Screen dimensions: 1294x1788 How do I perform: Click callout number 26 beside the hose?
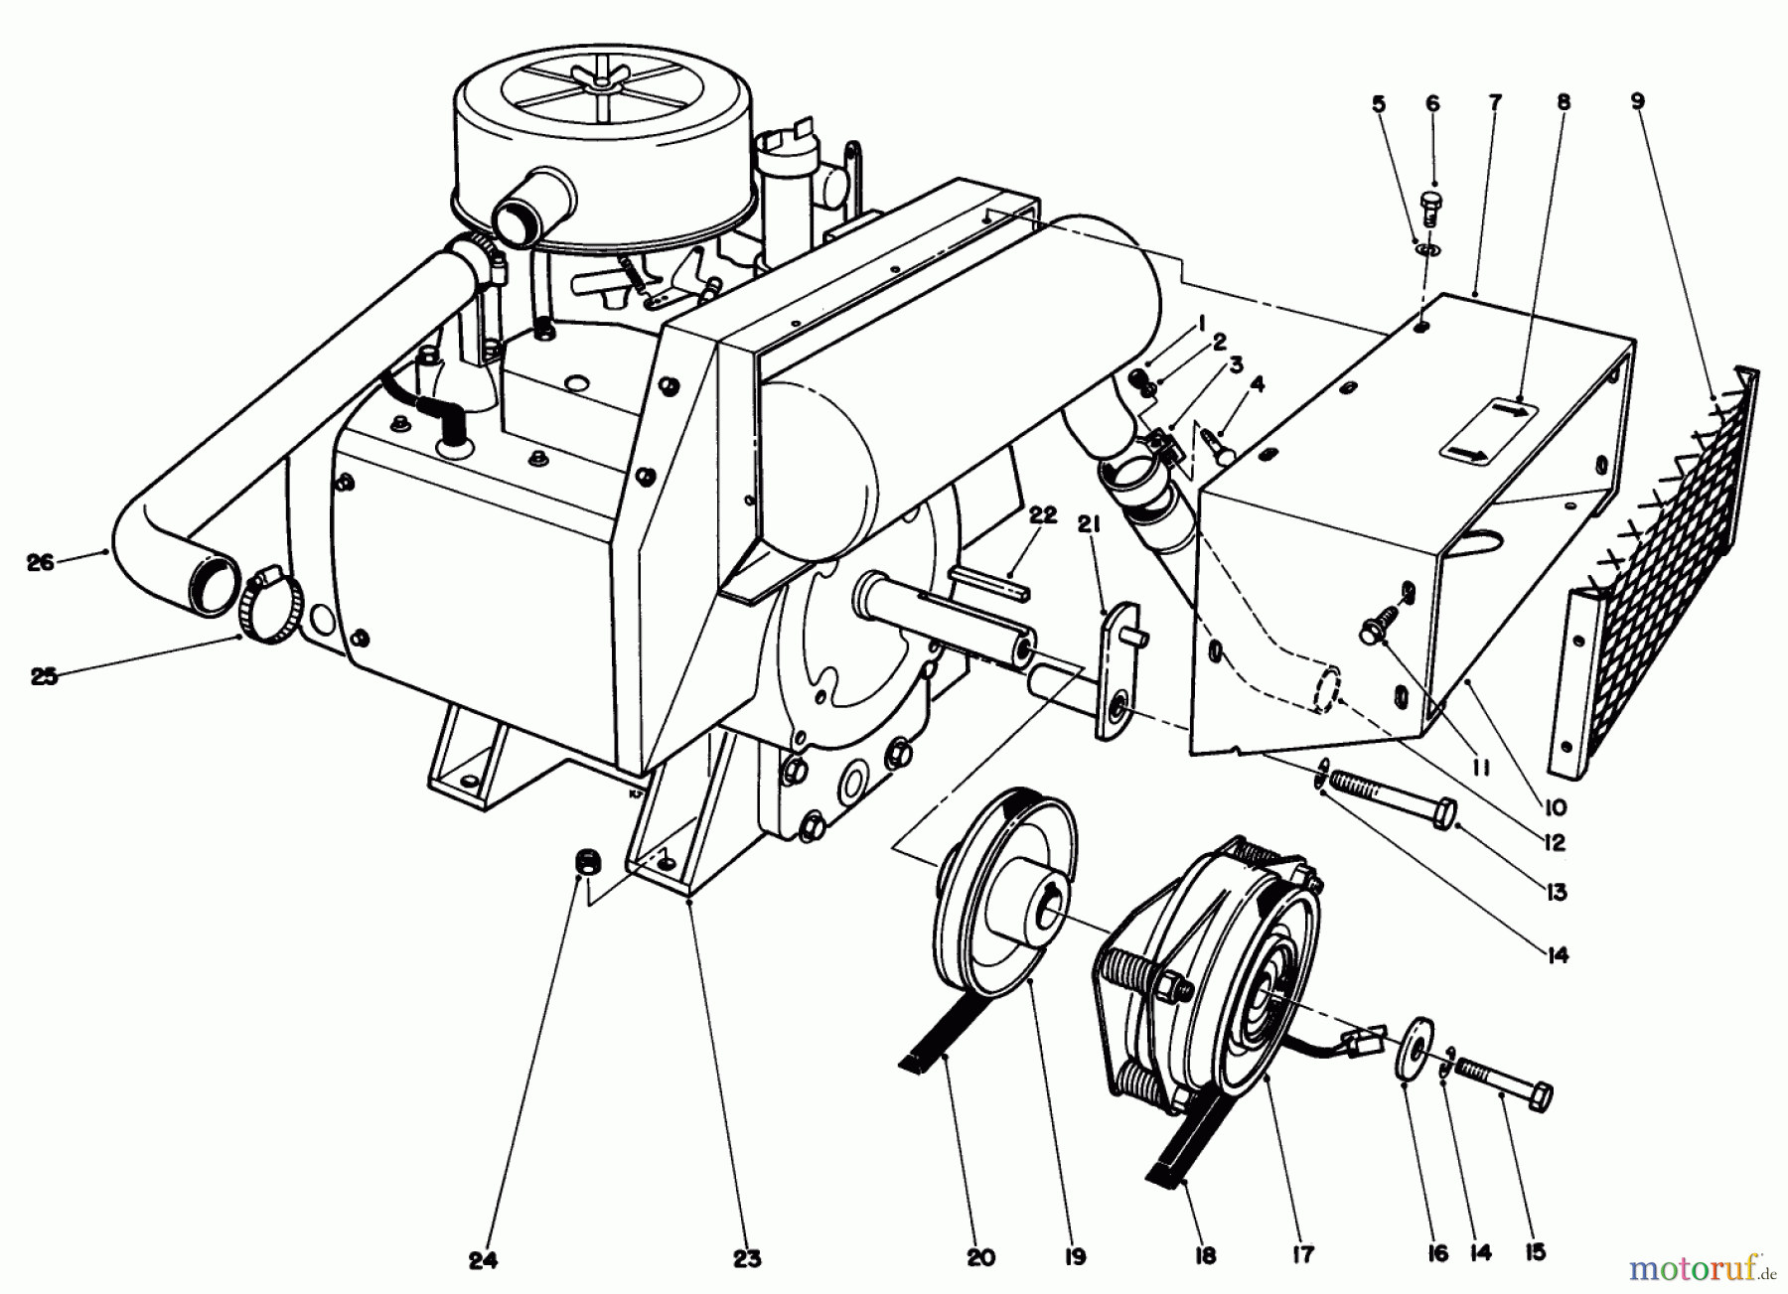(x=40, y=563)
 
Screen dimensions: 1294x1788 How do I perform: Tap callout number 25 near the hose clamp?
(x=44, y=676)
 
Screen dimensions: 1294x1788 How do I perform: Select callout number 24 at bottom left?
(x=483, y=1260)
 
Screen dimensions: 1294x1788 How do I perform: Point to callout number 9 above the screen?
(x=1637, y=101)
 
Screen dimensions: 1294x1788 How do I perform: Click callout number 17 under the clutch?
(x=1303, y=1255)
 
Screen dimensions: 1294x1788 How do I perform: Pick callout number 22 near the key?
(x=1042, y=514)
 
